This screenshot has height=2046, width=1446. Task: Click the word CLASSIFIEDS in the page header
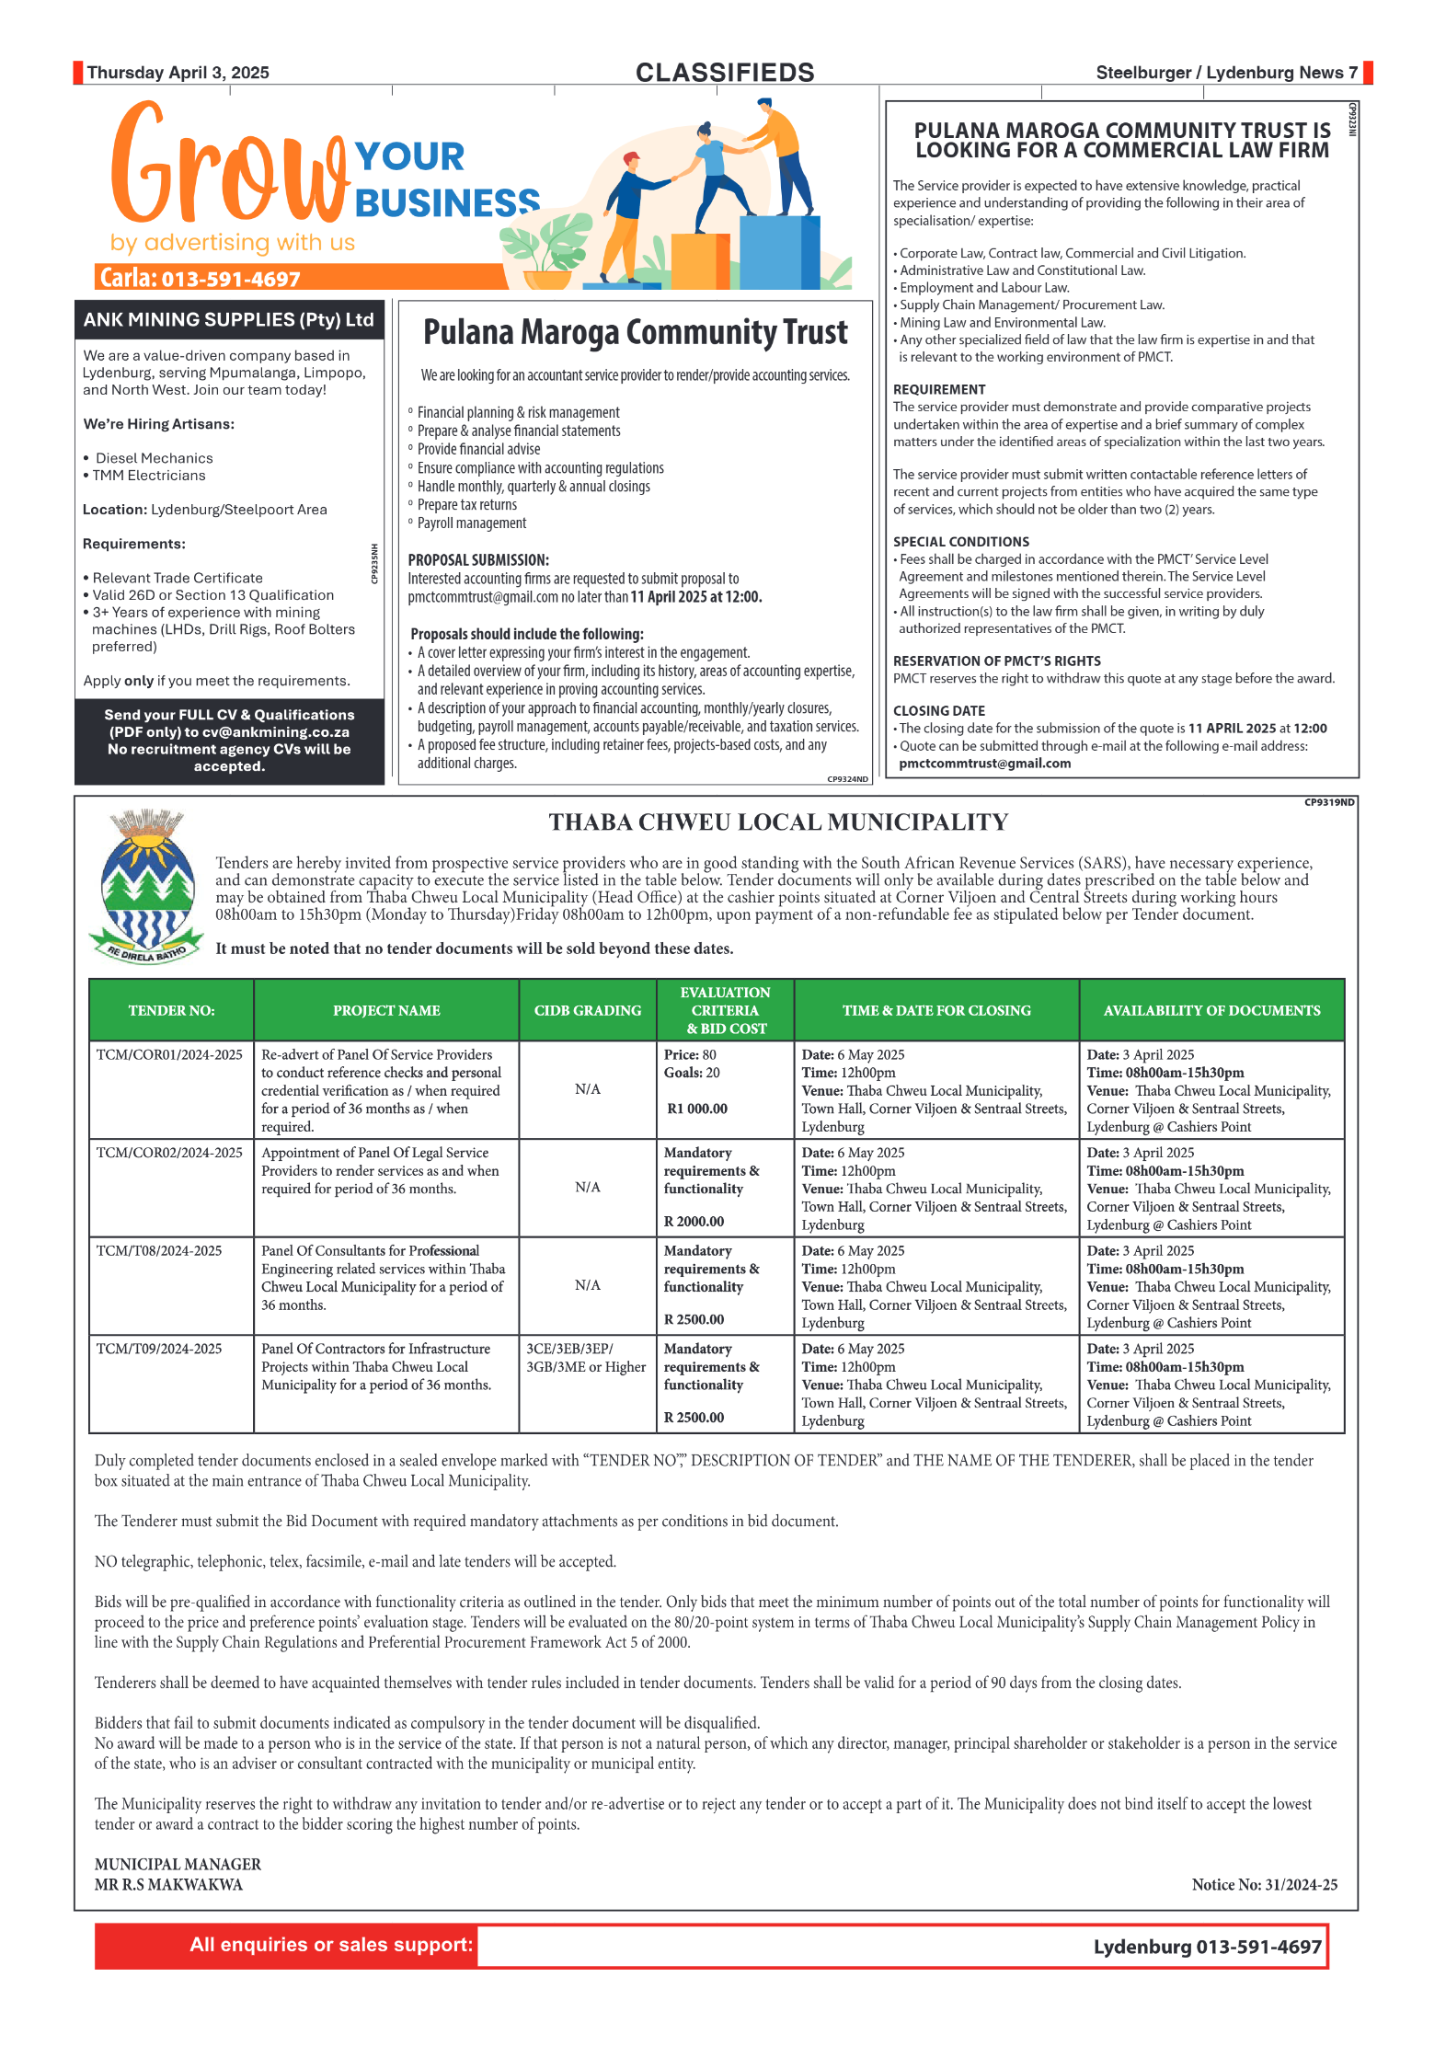tap(724, 73)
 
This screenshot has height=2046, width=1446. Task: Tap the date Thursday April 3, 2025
tap(178, 73)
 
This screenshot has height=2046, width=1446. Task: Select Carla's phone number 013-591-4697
tap(231, 279)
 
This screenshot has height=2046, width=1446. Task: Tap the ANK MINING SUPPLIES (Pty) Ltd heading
tap(228, 320)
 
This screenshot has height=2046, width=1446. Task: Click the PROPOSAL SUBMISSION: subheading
tap(477, 559)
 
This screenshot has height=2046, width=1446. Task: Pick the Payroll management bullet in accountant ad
tap(471, 523)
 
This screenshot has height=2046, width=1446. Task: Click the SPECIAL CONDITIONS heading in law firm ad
tap(960, 542)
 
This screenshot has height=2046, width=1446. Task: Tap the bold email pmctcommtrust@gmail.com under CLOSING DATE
tap(984, 763)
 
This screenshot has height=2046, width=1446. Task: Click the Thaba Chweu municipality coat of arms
tap(146, 886)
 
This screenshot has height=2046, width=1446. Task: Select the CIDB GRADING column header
tap(587, 1010)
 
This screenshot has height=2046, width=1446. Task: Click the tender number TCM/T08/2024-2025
tap(159, 1250)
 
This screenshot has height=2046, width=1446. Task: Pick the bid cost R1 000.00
tap(697, 1109)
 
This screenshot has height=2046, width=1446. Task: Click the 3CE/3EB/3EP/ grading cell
tap(569, 1349)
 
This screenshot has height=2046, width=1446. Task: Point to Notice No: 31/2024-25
tap(1264, 1884)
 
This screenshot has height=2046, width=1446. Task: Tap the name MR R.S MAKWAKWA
tap(168, 1884)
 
